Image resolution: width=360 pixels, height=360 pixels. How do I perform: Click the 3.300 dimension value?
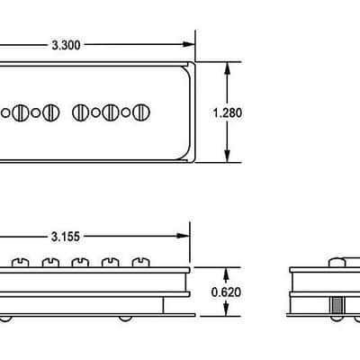pyautogui.click(x=66, y=45)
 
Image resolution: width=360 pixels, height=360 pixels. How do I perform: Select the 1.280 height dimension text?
pyautogui.click(x=227, y=113)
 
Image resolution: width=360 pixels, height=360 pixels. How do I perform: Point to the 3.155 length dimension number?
pyautogui.click(x=66, y=237)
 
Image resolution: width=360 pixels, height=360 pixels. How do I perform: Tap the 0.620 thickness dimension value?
pyautogui.click(x=226, y=292)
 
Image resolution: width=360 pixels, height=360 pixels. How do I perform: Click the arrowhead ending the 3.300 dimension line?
pyautogui.click(x=189, y=44)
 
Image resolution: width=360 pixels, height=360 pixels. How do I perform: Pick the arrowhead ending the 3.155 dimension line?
pyautogui.click(x=184, y=236)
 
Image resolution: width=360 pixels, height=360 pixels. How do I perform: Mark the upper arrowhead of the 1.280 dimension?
pyautogui.click(x=227, y=68)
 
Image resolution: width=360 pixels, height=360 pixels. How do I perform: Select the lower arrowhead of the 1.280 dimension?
pyautogui.click(x=227, y=157)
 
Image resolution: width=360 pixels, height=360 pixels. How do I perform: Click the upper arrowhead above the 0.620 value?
pyautogui.click(x=226, y=274)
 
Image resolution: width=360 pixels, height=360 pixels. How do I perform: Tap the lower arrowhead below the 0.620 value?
pyautogui.click(x=226, y=310)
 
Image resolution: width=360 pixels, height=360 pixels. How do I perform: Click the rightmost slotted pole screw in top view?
pyautogui.click(x=141, y=112)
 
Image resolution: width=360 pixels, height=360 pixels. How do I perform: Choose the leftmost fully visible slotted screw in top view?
pyautogui.click(x=21, y=112)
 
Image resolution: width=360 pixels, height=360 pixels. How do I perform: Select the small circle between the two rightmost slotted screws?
pyautogui.click(x=126, y=112)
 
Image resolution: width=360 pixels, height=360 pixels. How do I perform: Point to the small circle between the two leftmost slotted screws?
pyautogui.click(x=36, y=112)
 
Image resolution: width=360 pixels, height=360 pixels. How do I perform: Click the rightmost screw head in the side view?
pyautogui.click(x=140, y=262)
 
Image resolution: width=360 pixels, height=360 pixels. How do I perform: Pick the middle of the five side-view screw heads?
pyautogui.click(x=80, y=262)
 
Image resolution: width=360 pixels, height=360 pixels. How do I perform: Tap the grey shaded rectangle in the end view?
pyautogui.click(x=337, y=306)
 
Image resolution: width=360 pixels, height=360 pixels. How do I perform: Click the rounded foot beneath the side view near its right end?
pyautogui.click(x=125, y=319)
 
